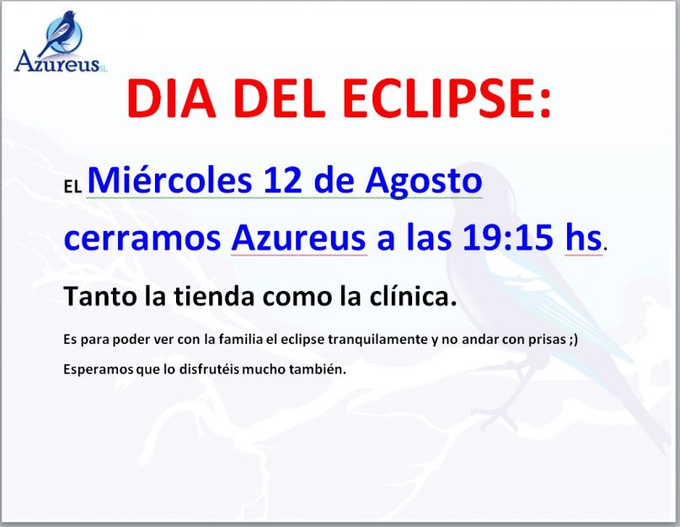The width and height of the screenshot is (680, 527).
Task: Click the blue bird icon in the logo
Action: (x=61, y=33)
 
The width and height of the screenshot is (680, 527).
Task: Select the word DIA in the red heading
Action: (x=171, y=98)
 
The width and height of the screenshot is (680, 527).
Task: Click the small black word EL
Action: (x=72, y=187)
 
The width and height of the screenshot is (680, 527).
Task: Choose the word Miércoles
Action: (x=169, y=180)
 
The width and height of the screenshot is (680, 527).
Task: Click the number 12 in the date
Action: (x=282, y=180)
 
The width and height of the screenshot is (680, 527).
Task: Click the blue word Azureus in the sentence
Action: (x=299, y=238)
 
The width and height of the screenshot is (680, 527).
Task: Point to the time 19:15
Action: (x=508, y=238)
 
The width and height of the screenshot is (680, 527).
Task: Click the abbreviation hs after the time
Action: (x=583, y=238)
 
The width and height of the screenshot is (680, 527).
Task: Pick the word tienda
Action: (x=214, y=297)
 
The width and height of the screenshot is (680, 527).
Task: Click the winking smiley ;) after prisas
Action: (x=573, y=340)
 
